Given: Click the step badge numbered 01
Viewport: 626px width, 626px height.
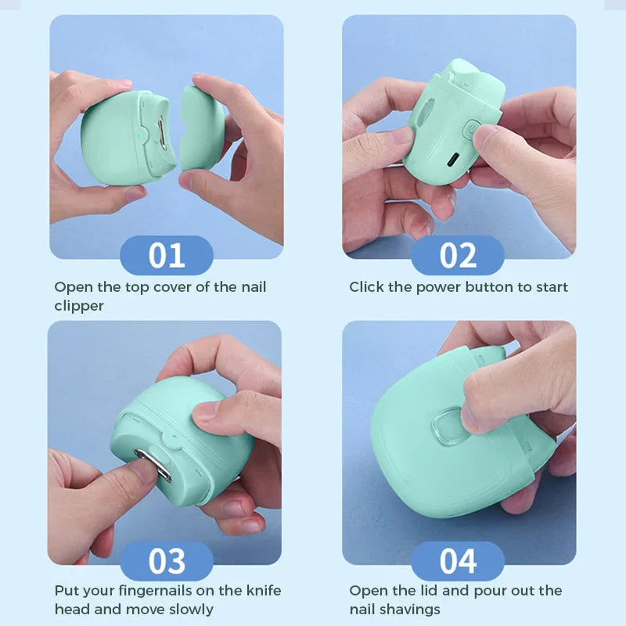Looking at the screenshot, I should coord(166,256).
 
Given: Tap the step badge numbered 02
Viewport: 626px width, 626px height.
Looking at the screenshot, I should coord(458,256).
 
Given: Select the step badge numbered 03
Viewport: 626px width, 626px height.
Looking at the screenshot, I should coord(166,561).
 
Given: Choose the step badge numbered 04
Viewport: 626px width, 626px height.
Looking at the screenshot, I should coord(458,561).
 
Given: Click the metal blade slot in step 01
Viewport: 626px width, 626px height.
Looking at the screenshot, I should coord(161,135).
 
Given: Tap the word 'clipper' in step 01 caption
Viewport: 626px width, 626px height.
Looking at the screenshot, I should coord(79,306).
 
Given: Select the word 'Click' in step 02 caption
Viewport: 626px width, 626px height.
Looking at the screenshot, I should coord(366,287).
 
